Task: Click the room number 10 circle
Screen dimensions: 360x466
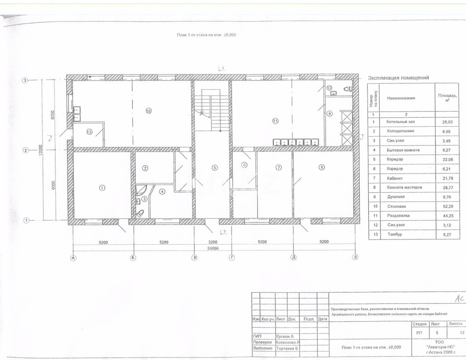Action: coord(149,111)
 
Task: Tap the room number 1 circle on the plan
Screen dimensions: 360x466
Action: coord(102,188)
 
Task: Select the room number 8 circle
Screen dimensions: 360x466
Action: coord(322,167)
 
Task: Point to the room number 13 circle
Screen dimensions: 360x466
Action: coord(89,132)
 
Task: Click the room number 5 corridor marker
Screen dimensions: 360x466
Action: coord(215,168)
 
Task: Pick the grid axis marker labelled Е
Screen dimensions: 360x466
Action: coord(355,257)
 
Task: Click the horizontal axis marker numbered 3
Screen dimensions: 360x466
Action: coord(25,80)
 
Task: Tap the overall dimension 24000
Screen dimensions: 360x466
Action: coord(213,248)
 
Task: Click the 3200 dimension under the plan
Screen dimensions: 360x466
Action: coord(213,242)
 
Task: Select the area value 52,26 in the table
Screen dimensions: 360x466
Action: coord(448,206)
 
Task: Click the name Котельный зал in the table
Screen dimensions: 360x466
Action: coord(400,122)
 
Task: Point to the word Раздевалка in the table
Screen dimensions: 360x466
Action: coord(398,216)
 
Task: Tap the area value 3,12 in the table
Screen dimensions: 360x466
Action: coord(447,225)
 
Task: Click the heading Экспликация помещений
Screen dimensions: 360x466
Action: coord(398,78)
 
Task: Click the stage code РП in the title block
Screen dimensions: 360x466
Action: coord(419,333)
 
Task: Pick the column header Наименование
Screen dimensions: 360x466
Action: coord(401,98)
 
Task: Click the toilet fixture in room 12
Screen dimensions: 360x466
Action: coord(348,89)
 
